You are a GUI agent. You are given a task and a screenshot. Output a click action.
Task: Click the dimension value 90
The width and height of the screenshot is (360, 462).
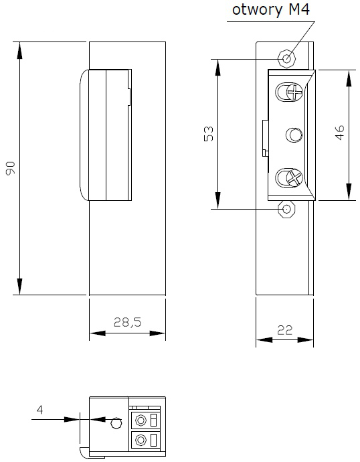(10, 168)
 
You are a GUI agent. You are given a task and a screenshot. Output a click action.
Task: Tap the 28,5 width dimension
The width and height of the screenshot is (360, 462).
(127, 322)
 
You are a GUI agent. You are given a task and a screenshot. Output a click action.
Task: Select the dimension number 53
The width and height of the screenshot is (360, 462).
(208, 134)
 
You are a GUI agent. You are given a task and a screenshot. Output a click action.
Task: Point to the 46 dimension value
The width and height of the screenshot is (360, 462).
(339, 133)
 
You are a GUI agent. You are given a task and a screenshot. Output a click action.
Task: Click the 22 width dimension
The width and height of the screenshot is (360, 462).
(284, 330)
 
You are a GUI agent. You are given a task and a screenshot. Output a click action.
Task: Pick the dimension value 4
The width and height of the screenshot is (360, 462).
(39, 410)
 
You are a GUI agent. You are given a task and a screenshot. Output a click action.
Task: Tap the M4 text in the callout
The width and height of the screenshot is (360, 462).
(299, 9)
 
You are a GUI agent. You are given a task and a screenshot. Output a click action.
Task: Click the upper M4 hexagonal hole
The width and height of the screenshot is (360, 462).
(286, 58)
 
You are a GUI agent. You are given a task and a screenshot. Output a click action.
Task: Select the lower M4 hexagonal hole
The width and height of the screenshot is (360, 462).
(286, 209)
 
